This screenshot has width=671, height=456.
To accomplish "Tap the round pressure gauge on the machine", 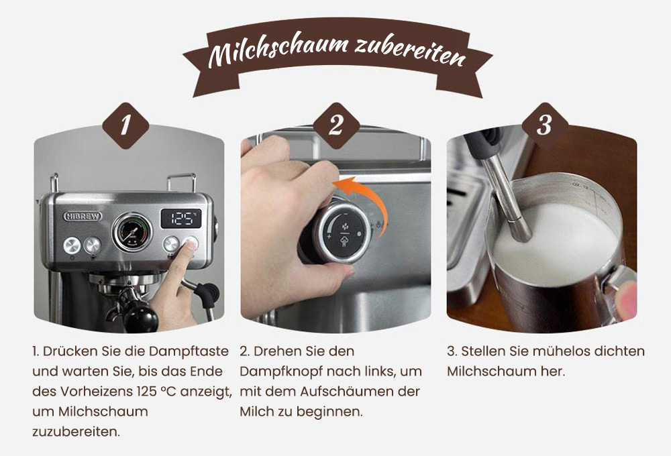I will coord(132,232).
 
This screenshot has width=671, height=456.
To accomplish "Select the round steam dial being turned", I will coord(343,233).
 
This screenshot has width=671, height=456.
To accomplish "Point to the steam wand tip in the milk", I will coord(519,231).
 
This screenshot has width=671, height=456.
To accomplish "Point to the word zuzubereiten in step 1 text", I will coord(76,431).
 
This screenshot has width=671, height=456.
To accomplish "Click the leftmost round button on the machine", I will coord(72,245).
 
